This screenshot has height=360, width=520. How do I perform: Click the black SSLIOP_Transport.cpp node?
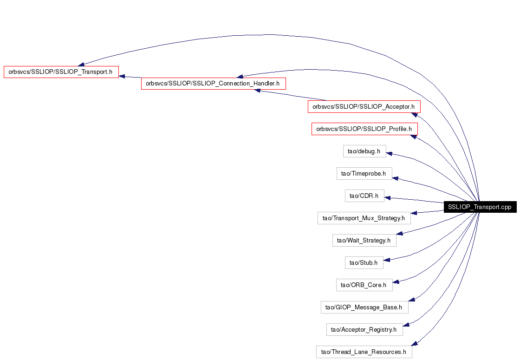[x=480, y=207]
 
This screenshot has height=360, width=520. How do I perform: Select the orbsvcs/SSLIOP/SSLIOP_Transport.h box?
[x=61, y=72]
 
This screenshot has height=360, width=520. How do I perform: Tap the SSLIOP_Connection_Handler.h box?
[x=213, y=83]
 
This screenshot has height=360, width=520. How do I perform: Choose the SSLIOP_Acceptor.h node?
[x=364, y=106]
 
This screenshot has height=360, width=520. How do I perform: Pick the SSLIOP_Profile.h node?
[x=364, y=129]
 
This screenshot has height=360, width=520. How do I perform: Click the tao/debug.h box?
[x=364, y=151]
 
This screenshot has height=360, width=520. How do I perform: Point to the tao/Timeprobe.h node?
[x=364, y=174]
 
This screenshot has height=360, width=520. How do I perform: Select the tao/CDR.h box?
[x=364, y=196]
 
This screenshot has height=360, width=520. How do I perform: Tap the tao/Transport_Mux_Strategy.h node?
[x=364, y=218]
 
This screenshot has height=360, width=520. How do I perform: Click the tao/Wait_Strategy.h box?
[x=364, y=240]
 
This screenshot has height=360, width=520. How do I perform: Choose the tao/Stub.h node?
[x=364, y=262]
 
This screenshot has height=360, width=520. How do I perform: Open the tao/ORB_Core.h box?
[x=364, y=285]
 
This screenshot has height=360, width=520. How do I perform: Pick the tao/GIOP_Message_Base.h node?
[x=364, y=307]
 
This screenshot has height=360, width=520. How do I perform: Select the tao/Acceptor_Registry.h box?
[x=364, y=329]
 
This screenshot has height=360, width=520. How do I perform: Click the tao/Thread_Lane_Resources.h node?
[x=364, y=352]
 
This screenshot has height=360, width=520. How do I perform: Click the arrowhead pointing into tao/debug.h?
[x=390, y=154]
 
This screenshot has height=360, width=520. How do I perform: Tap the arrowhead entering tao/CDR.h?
[x=387, y=198]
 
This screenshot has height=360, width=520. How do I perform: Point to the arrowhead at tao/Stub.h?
[x=386, y=260]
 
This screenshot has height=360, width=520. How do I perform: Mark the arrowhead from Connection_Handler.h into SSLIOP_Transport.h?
[x=122, y=76]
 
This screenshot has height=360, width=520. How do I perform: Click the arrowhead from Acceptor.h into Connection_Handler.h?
[x=257, y=90]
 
